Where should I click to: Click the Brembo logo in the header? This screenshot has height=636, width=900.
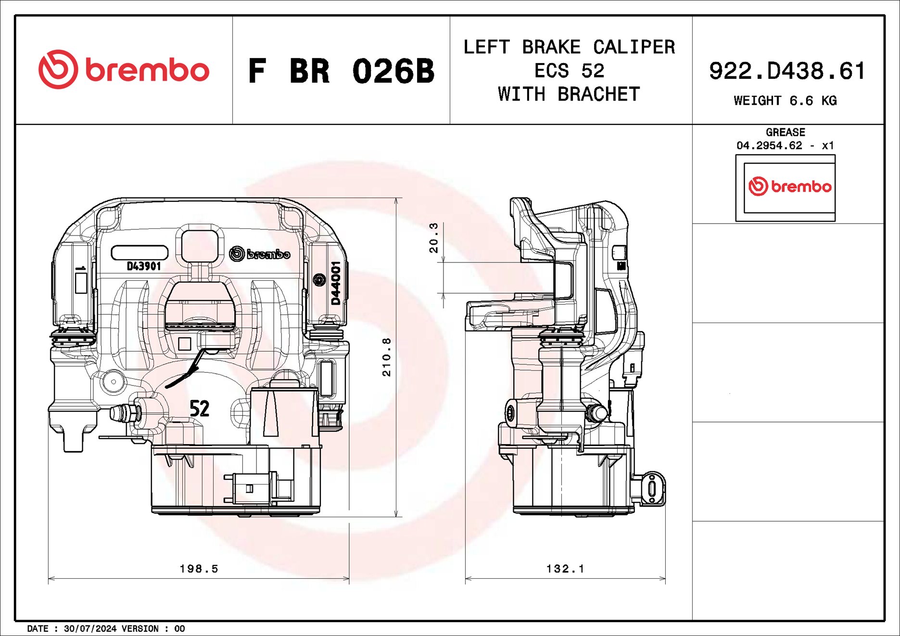(124, 69)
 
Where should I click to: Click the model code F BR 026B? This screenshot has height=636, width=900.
(341, 71)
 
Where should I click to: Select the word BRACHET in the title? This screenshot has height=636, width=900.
(598, 94)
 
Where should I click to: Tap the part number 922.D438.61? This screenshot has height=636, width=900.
(787, 71)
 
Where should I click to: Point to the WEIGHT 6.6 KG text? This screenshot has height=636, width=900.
(785, 100)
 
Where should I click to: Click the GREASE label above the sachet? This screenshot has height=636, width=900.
(785, 132)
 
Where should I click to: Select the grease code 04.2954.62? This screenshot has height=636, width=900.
(769, 145)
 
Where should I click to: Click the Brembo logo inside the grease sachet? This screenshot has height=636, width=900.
(789, 186)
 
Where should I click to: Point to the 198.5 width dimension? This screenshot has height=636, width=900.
(199, 569)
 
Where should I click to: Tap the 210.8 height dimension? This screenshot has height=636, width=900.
(386, 357)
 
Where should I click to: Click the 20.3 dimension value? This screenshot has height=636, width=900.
(433, 237)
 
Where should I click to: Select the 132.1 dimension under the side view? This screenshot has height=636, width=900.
(565, 569)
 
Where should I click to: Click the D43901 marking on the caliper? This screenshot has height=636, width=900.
(143, 266)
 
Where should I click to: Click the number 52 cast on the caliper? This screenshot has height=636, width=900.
(199, 409)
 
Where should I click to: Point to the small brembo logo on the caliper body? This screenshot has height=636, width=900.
(260, 253)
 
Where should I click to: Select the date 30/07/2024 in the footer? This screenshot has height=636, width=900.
(90, 628)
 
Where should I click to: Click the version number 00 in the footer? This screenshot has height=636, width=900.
(179, 628)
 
